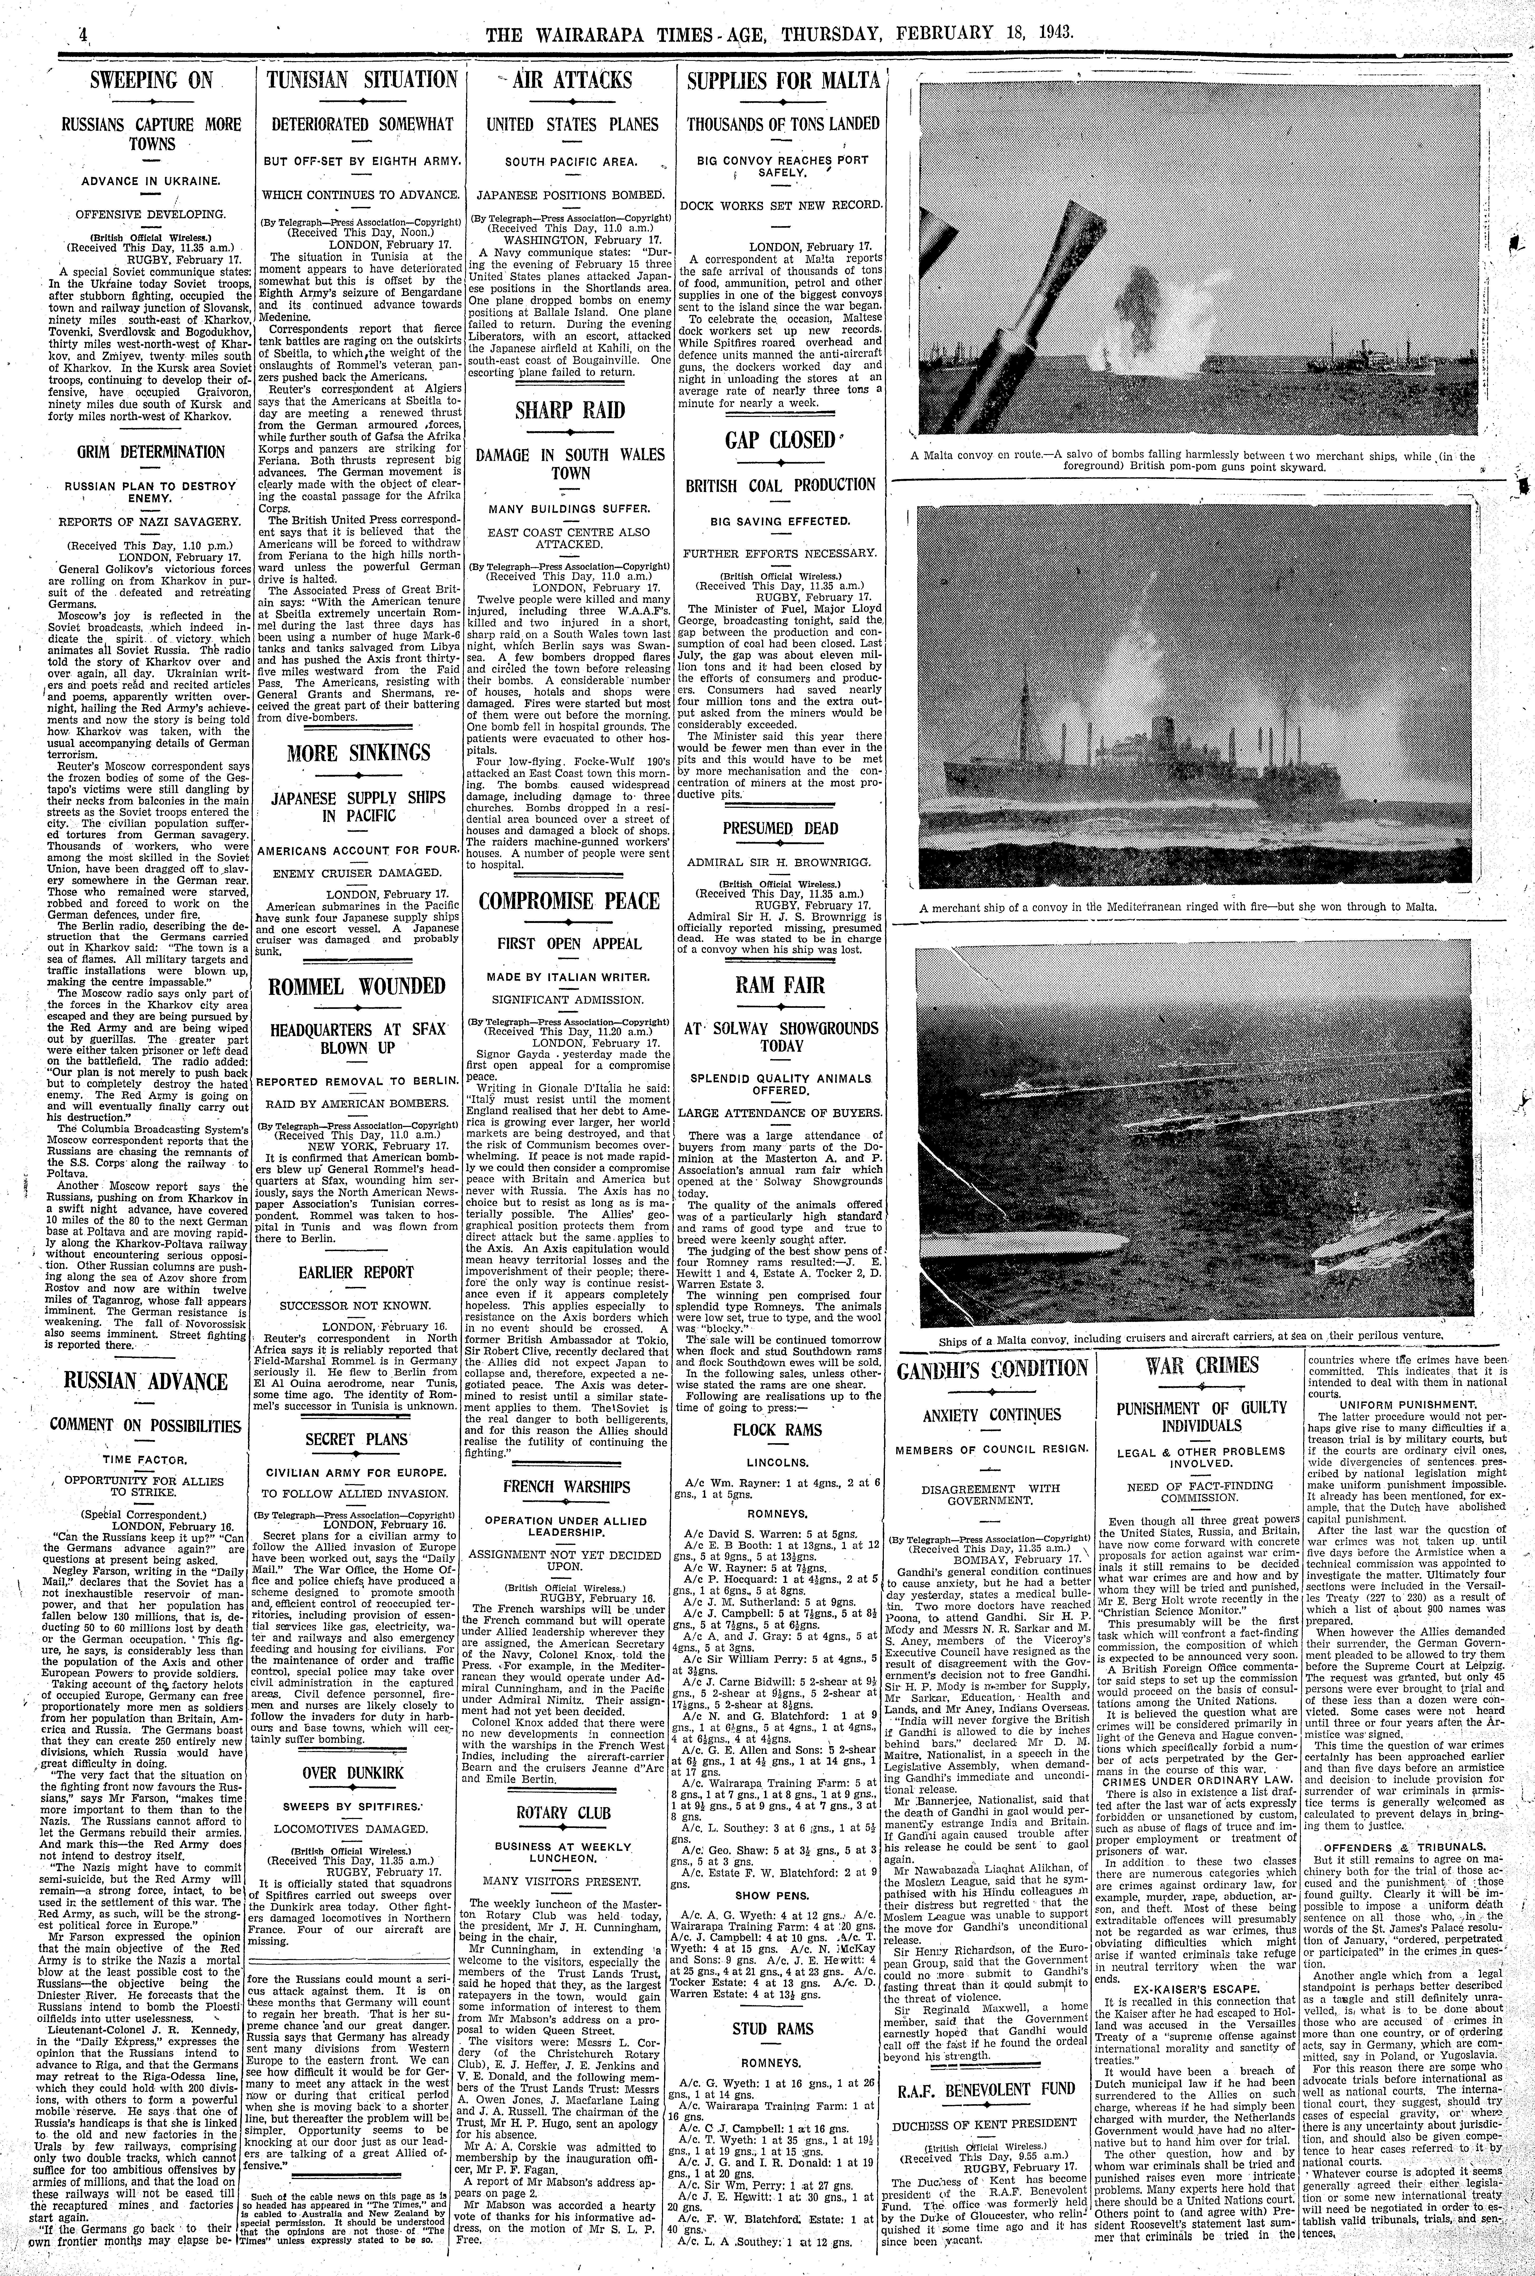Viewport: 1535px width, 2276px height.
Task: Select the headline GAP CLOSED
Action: (x=780, y=440)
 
